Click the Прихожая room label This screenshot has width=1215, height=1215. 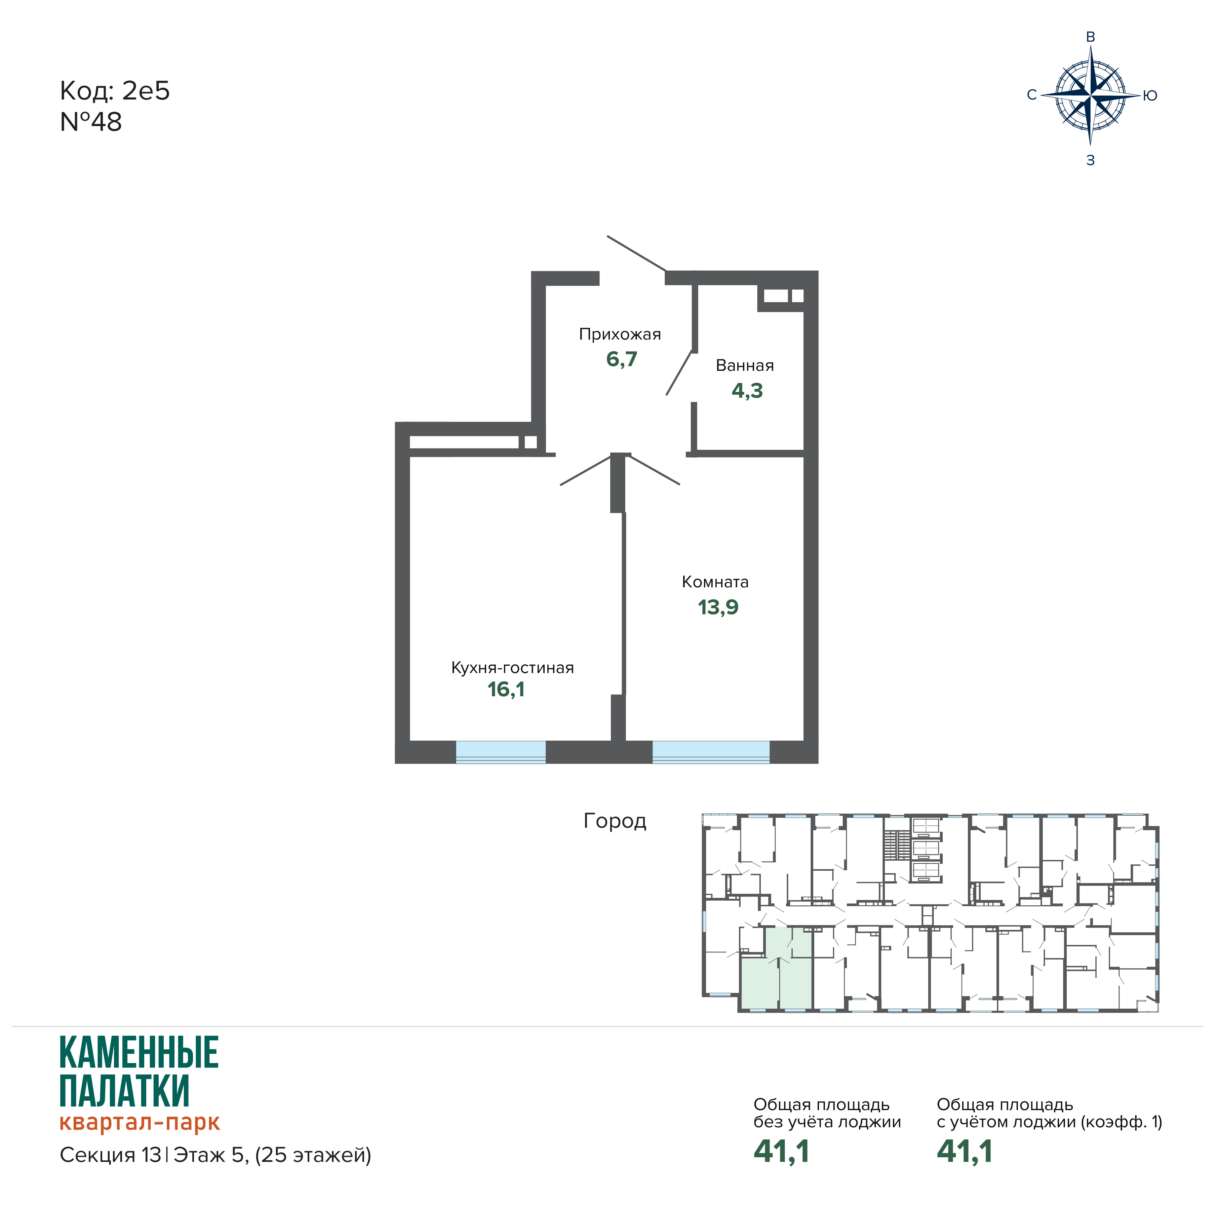(620, 335)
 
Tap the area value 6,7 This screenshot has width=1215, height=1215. (621, 359)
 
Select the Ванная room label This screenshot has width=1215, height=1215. (745, 365)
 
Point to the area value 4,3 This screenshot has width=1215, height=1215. (747, 391)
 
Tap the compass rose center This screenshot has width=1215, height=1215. (1091, 96)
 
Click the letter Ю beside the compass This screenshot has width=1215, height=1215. (1149, 95)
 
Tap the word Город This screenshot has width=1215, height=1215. (615, 821)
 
